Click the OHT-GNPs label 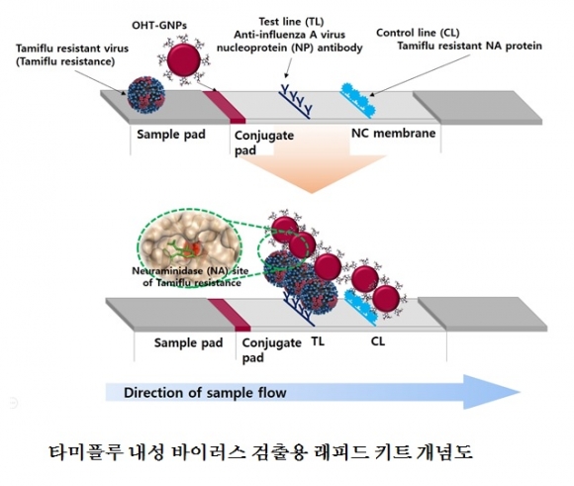click(x=159, y=26)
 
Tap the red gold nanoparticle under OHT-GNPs click(x=183, y=60)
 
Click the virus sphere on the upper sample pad click(x=146, y=95)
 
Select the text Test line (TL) click(x=291, y=22)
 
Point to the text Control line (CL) click(x=418, y=33)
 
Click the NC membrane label click(x=394, y=133)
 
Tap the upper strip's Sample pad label click(x=171, y=134)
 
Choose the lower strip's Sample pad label click(x=188, y=342)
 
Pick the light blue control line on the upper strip click(x=358, y=100)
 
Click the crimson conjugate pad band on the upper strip click(x=224, y=107)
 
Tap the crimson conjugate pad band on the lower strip click(x=230, y=315)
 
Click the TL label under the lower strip click(x=318, y=341)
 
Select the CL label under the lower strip click(x=378, y=341)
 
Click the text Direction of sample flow click(x=205, y=393)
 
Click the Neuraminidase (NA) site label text click(x=190, y=277)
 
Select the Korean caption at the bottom click(x=260, y=451)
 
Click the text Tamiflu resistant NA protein click(x=470, y=46)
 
